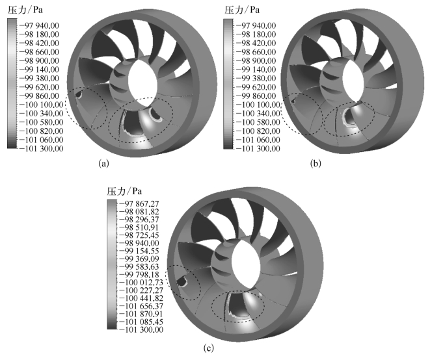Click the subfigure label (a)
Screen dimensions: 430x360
click(103, 164)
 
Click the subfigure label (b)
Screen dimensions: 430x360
click(316, 164)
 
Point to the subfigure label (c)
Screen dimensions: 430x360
click(209, 348)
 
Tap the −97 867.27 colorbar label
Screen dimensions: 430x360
click(139, 204)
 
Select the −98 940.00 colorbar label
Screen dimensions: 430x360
click(139, 243)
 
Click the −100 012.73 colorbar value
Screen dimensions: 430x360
click(141, 283)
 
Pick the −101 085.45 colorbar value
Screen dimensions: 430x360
click(141, 322)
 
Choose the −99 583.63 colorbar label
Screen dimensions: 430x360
click(139, 267)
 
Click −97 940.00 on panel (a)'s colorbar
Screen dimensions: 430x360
click(39, 26)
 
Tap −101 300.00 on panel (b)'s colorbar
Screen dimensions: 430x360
click(258, 149)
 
